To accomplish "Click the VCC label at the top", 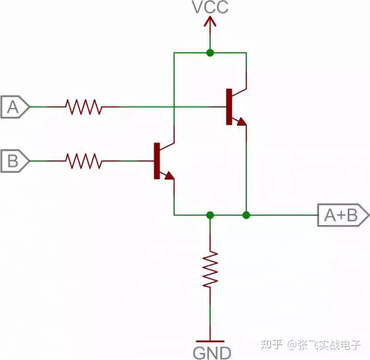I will pos(210,8).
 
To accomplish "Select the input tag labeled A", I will pos(14,107).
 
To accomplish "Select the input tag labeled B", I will pos(14,161).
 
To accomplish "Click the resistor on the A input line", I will pos(83,107).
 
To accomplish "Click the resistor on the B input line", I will pos(83,161).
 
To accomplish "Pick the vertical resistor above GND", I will pos(210,268).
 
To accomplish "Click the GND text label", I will pos(210,353).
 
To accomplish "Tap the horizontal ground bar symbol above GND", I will pos(210,341).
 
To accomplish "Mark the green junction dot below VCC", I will pos(210,53).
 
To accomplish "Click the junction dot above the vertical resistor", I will pos(210,215).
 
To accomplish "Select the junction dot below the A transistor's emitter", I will pos(246,215).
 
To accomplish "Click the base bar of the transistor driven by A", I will pos(228,107).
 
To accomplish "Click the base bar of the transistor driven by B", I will pos(156,161).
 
